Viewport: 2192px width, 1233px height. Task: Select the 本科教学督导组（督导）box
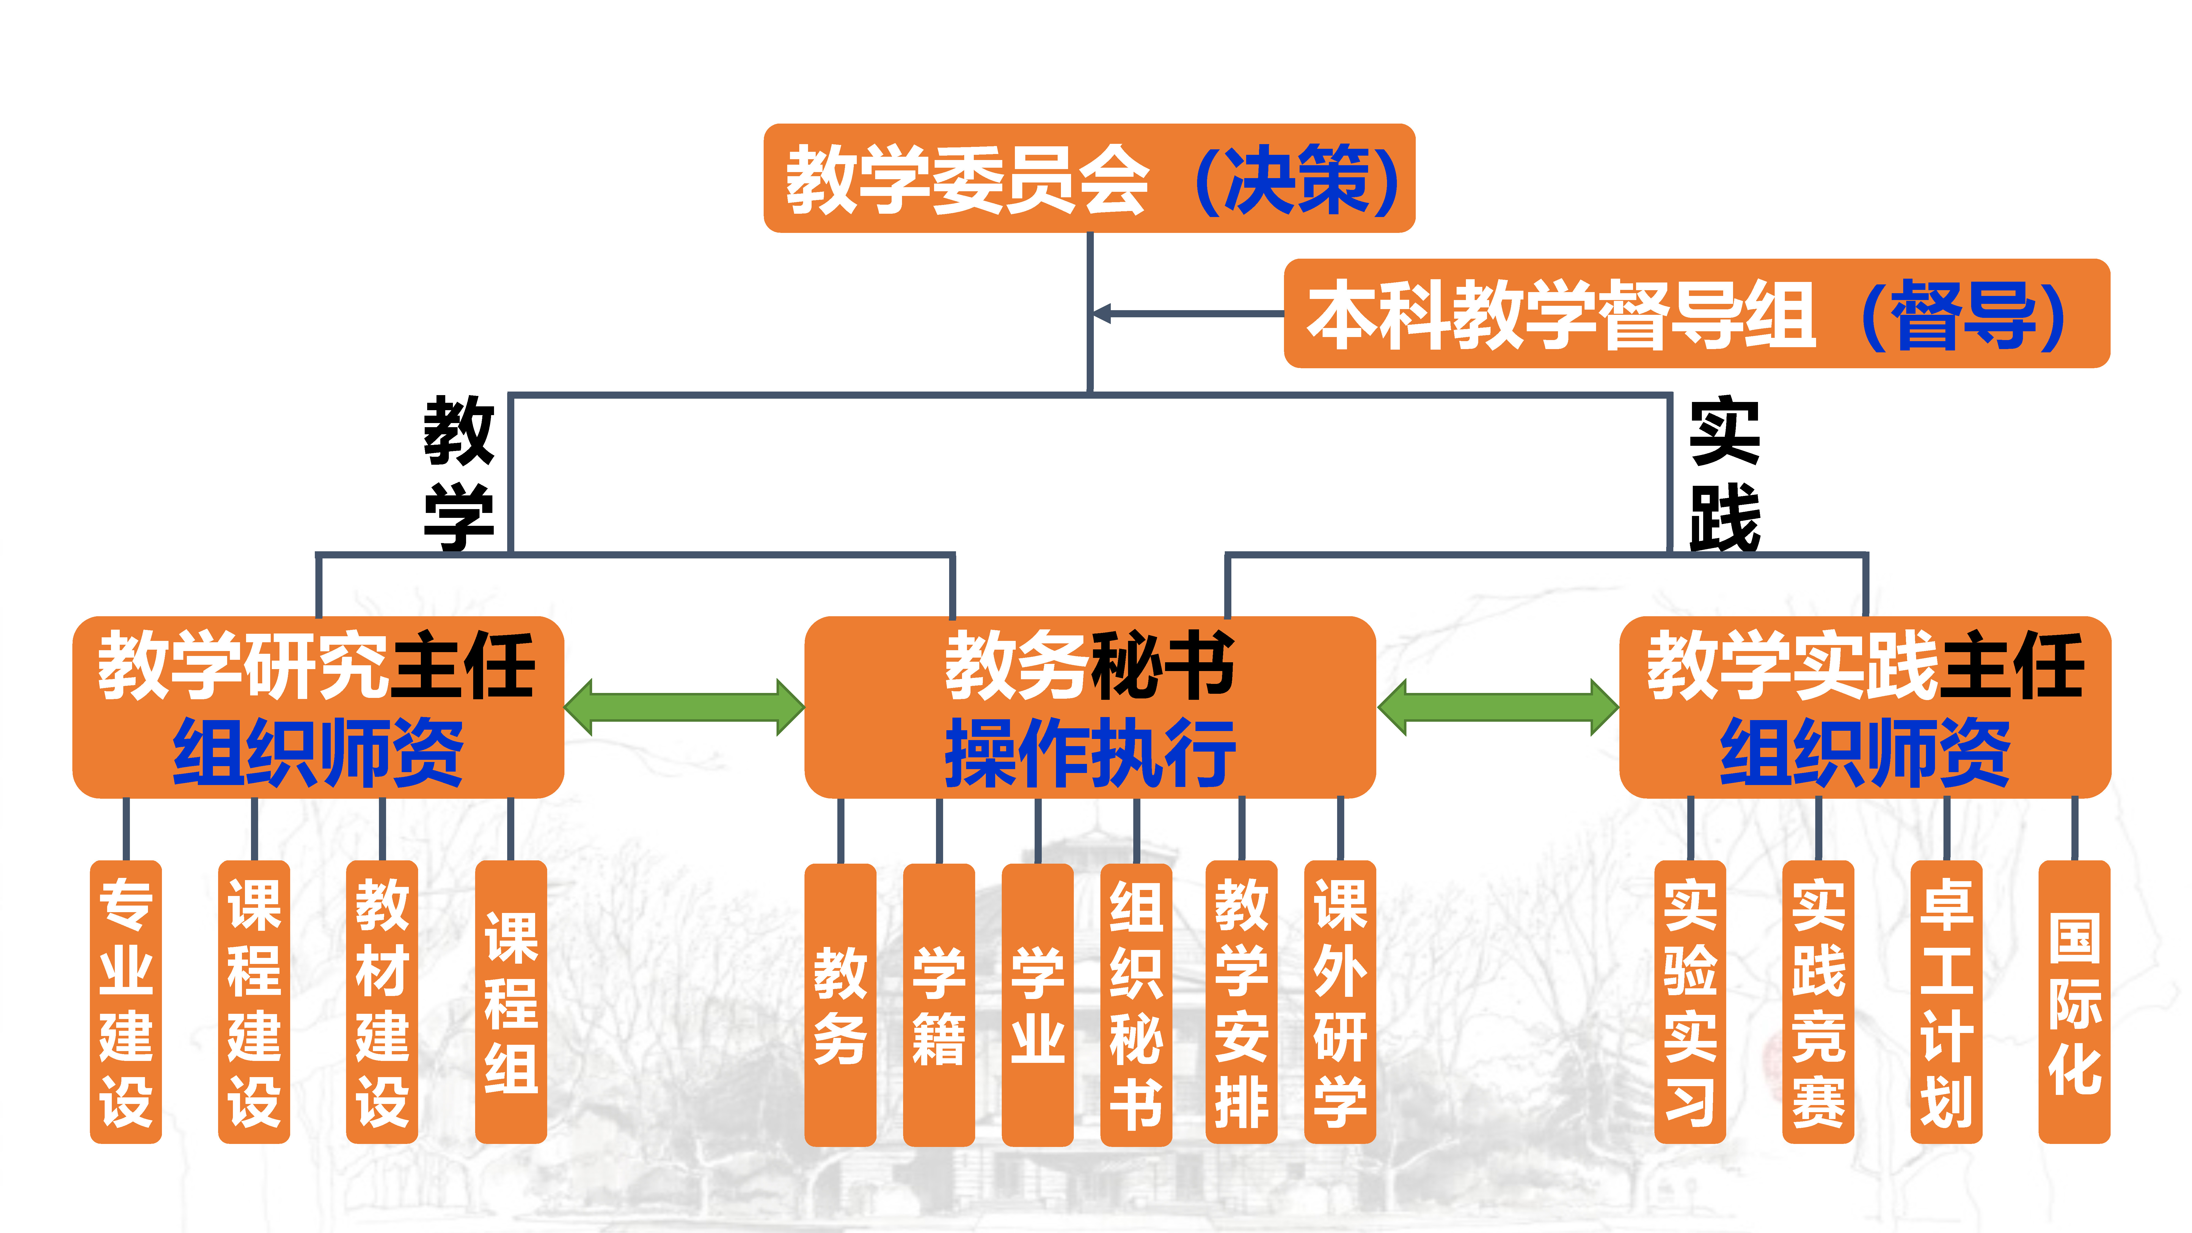point(1696,313)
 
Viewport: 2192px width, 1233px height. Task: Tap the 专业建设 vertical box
point(126,1001)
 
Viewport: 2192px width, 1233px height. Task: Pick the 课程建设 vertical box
point(253,1001)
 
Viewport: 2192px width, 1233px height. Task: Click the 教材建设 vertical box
point(382,1001)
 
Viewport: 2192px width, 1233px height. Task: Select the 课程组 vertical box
point(510,1001)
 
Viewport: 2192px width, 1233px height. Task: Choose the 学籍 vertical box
point(938,1004)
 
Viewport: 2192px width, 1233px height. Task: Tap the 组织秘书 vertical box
point(1136,1004)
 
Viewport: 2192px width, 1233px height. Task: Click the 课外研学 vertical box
point(1340,1001)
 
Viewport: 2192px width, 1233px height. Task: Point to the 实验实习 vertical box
point(1690,1001)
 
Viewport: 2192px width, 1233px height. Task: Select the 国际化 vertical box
point(2074,1001)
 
